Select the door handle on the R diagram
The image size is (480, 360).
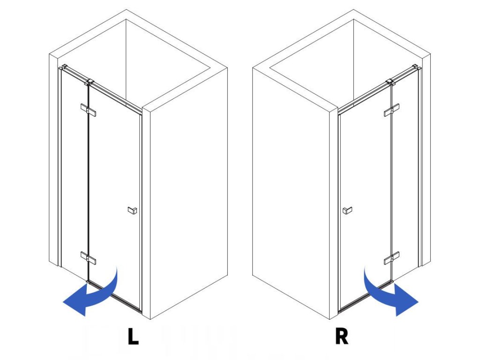coord(347,211)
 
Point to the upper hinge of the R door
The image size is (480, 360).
coord(391,111)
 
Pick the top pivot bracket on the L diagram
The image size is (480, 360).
coord(89,82)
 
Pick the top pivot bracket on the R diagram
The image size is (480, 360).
coord(391,82)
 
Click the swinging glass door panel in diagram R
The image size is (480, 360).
coord(366,187)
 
